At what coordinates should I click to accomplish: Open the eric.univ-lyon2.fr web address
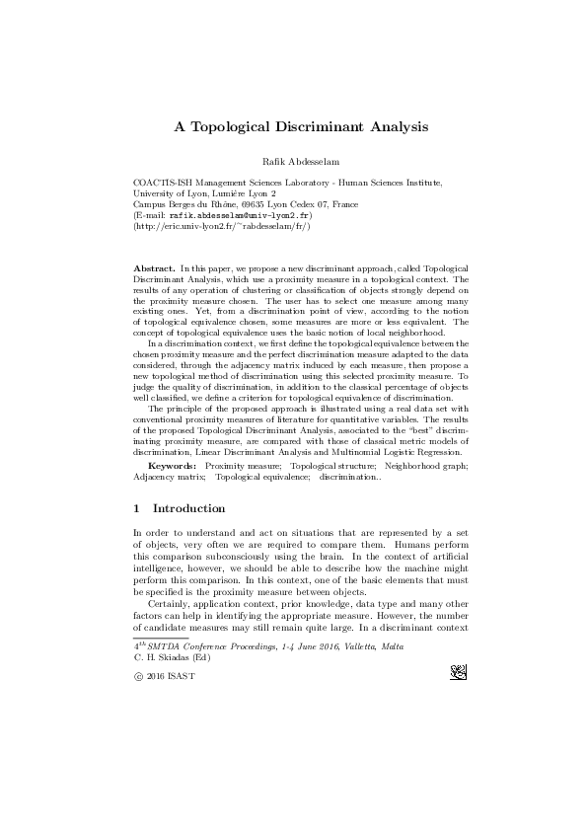click(222, 226)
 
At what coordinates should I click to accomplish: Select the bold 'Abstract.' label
click(154, 268)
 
